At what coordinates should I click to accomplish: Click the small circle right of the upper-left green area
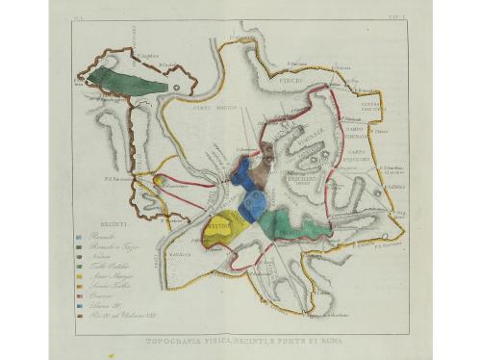click(x=180, y=87)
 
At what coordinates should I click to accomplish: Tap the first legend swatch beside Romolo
click(x=78, y=236)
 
